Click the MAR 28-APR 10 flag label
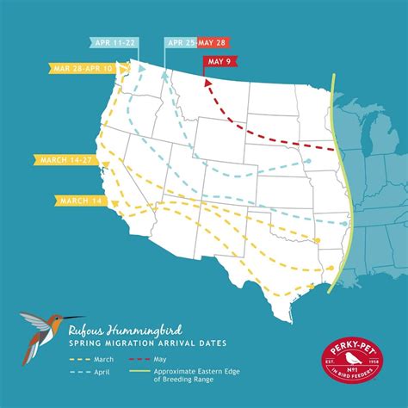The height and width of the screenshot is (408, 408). click(83, 66)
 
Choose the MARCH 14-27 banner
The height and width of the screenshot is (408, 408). click(65, 158)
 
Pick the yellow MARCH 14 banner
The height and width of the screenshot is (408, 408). click(77, 201)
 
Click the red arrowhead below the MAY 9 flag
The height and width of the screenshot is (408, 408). click(206, 81)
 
